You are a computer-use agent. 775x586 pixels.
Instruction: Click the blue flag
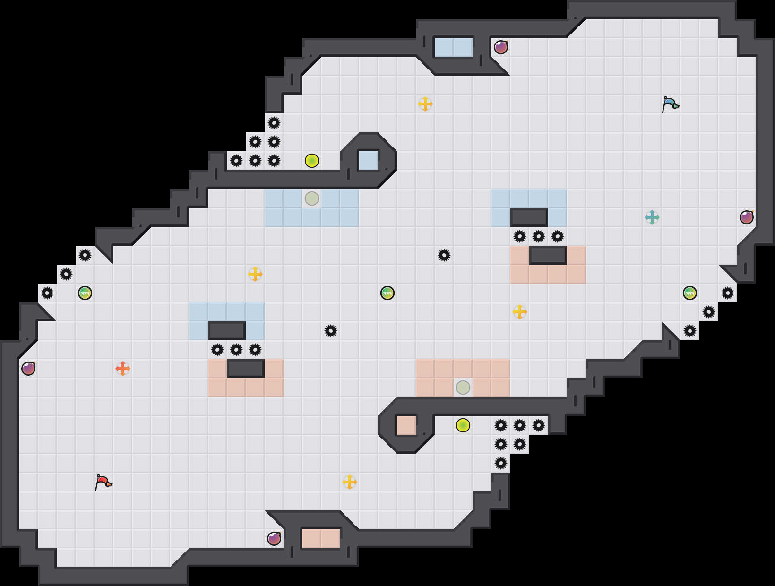(670, 104)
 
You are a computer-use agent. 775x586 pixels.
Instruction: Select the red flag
(103, 482)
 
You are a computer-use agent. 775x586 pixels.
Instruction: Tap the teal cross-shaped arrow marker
(652, 217)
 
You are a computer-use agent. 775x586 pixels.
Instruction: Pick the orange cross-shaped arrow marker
(123, 369)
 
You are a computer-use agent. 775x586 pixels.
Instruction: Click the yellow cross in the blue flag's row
(425, 104)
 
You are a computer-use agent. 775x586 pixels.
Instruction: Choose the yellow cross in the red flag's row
(350, 482)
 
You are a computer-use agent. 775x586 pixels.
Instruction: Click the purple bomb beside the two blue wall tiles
(501, 47)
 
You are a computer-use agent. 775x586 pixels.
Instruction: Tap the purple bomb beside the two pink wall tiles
(274, 539)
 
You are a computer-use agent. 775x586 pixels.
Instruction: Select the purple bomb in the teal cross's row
(747, 217)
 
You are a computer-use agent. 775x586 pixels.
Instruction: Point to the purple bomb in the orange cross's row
(28, 369)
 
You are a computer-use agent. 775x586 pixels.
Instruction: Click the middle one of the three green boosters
(387, 293)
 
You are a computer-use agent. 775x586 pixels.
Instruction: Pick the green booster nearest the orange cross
(85, 293)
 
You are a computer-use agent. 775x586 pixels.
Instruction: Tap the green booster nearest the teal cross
(690, 293)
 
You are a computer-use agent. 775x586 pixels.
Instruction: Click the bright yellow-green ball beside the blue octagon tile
(312, 161)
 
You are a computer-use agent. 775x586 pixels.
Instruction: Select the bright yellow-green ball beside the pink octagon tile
(463, 425)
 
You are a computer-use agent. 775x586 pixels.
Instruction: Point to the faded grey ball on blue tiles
(312, 198)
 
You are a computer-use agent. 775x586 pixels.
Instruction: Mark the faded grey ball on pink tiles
(463, 388)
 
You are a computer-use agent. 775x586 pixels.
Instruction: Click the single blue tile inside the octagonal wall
(369, 161)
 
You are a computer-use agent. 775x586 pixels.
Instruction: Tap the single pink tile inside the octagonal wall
(406, 425)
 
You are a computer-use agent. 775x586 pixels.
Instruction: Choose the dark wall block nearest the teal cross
(529, 217)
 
